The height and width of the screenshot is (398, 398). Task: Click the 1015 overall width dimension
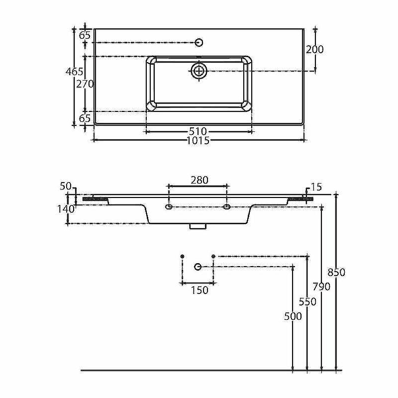coord(198,140)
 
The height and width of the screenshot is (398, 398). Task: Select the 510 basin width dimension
coord(198,131)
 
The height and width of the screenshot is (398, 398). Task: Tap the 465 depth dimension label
coord(74,72)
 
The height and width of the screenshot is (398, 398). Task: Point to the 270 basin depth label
coord(85,84)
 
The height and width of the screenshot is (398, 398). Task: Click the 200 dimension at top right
coord(315,49)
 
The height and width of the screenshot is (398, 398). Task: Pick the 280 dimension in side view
coord(199,180)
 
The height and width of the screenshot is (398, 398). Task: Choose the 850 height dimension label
coord(336,272)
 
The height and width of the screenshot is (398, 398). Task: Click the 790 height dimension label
coord(321,287)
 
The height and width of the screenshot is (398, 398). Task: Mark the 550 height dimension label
coord(307,302)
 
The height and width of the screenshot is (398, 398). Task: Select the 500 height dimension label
coord(293,316)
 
